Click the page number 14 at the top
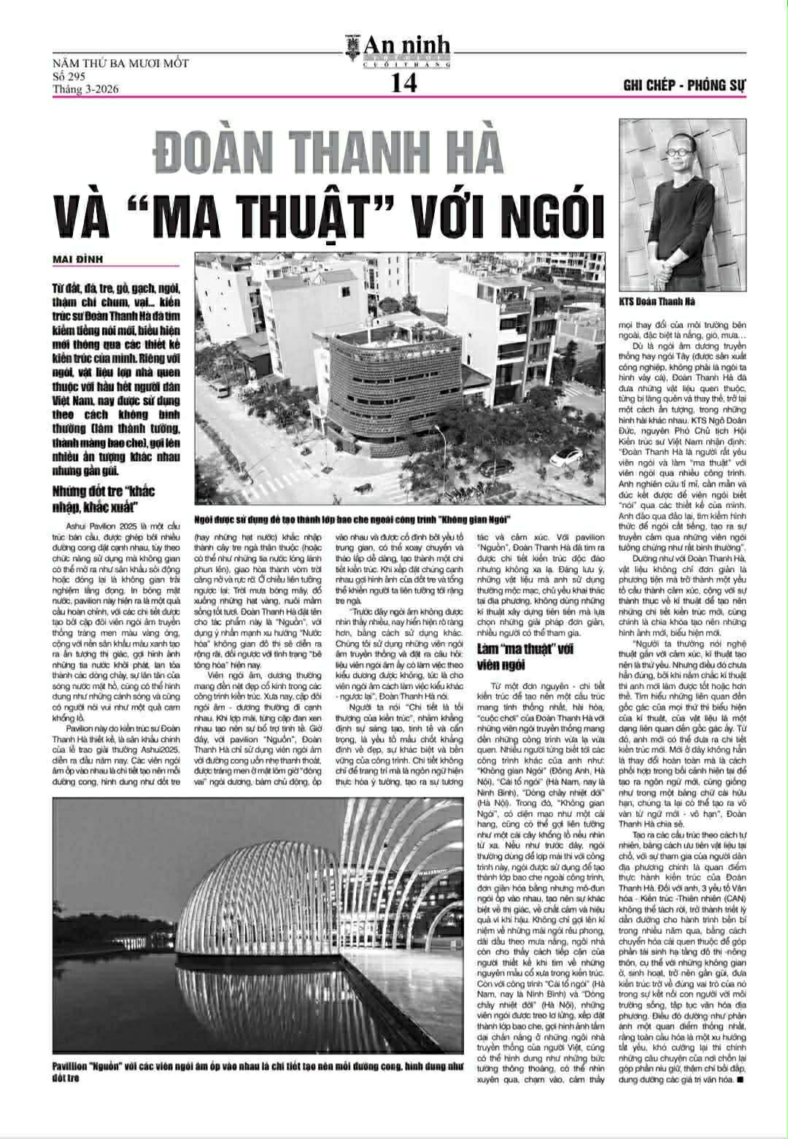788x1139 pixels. (x=403, y=84)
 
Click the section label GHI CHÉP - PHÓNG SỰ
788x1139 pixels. (x=685, y=85)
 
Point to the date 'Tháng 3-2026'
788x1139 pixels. (x=85, y=90)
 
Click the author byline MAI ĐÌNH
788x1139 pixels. (x=78, y=259)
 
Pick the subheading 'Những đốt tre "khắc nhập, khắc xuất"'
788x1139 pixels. (x=104, y=498)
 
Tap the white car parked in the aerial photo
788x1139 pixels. (x=565, y=458)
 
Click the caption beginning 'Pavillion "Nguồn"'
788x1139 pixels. (x=256, y=1071)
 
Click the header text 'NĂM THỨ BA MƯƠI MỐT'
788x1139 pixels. (x=121, y=63)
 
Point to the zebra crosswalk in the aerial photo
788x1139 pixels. (x=256, y=482)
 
